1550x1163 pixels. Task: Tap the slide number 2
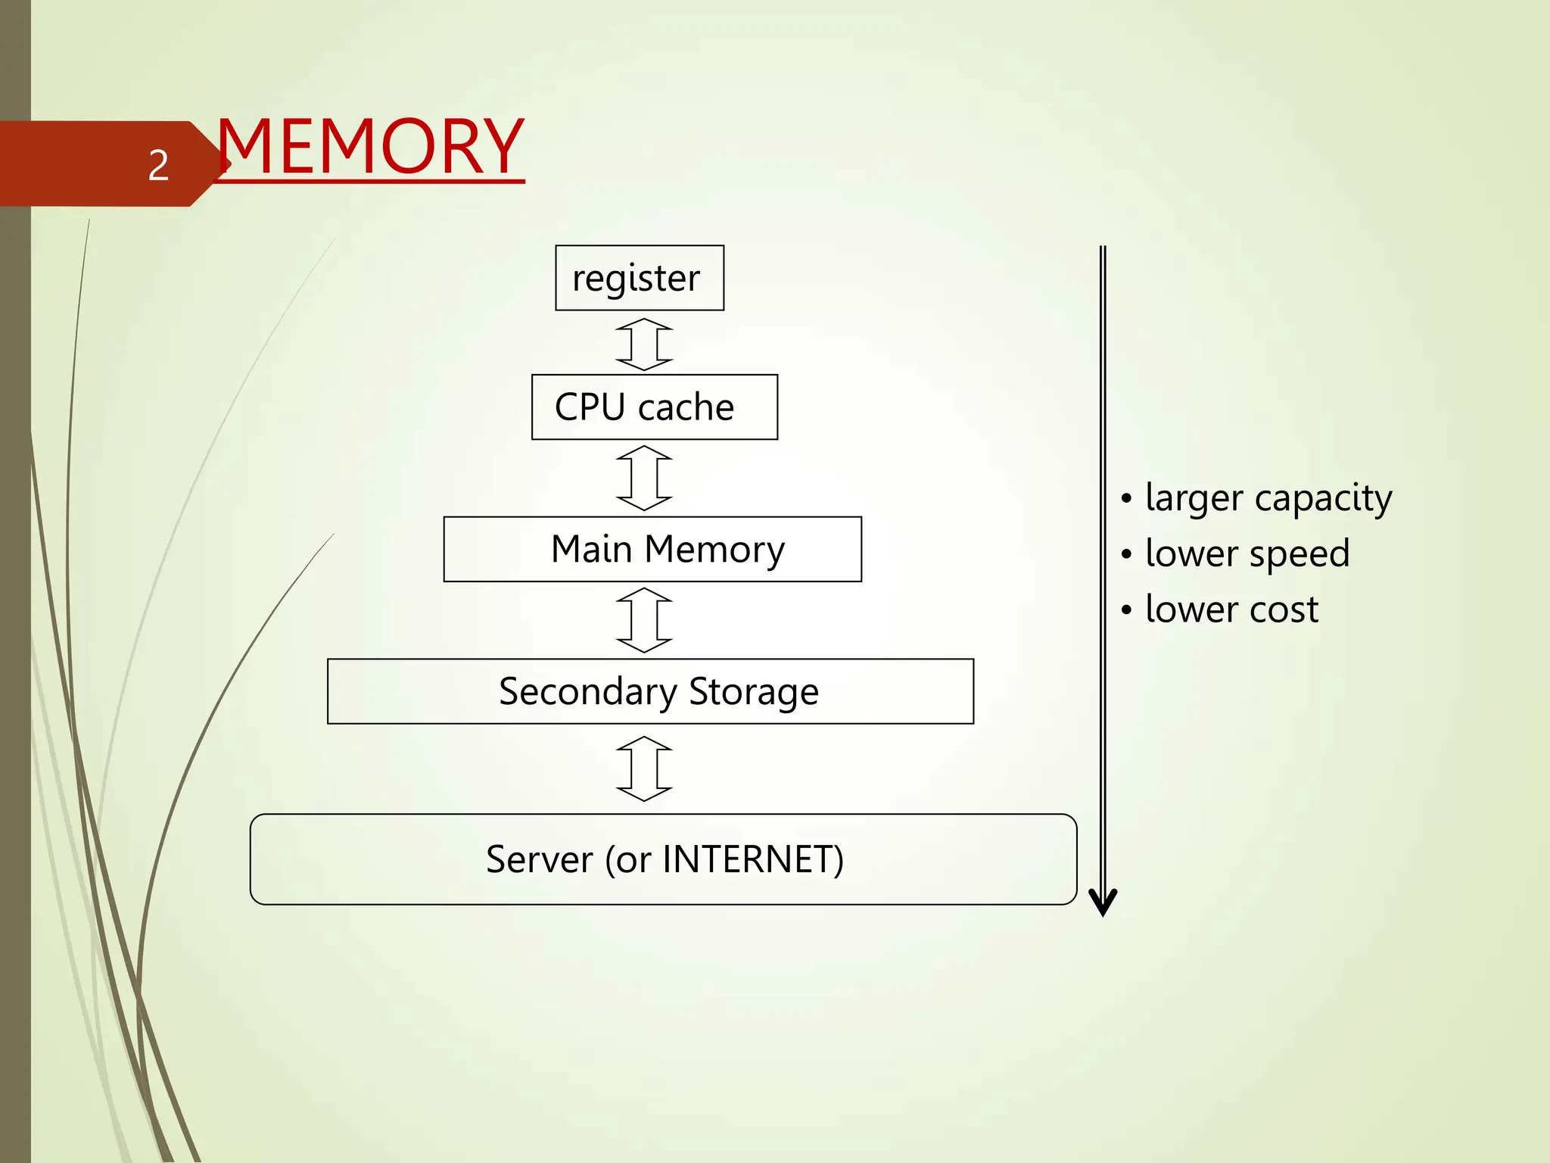pyautogui.click(x=158, y=165)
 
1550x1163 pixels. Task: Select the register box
pyautogui.click(x=640, y=278)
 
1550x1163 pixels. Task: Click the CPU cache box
pyautogui.click(x=655, y=407)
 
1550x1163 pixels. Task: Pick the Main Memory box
pyautogui.click(x=652, y=549)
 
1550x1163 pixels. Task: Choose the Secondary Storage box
pyautogui.click(x=650, y=691)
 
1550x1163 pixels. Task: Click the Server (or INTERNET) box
pyautogui.click(x=663, y=859)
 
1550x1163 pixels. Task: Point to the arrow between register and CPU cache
pyautogui.click(x=644, y=344)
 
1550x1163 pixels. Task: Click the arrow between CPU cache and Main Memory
pyautogui.click(x=644, y=478)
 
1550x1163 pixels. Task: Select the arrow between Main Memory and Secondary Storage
pyautogui.click(x=644, y=620)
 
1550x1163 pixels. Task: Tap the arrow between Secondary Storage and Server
pyautogui.click(x=644, y=769)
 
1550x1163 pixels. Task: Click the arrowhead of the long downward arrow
pyautogui.click(x=1103, y=903)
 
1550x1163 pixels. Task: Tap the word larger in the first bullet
pyautogui.click(x=1194, y=499)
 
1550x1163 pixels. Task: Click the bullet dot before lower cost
pyautogui.click(x=1127, y=610)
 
